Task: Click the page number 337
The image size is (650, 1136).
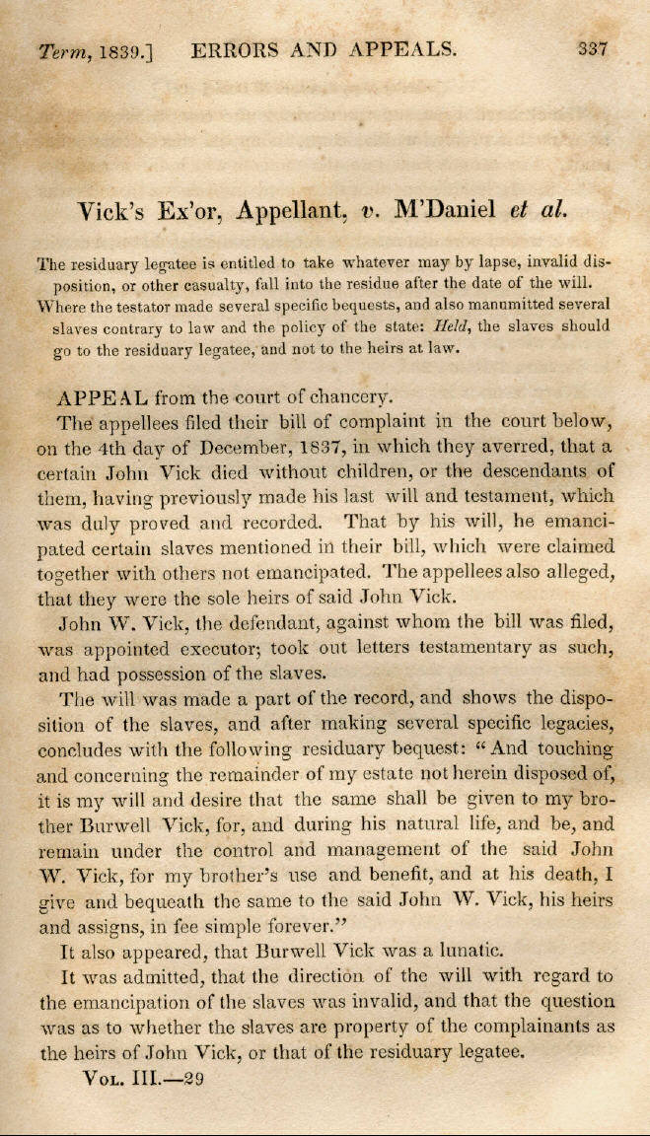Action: (x=593, y=47)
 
